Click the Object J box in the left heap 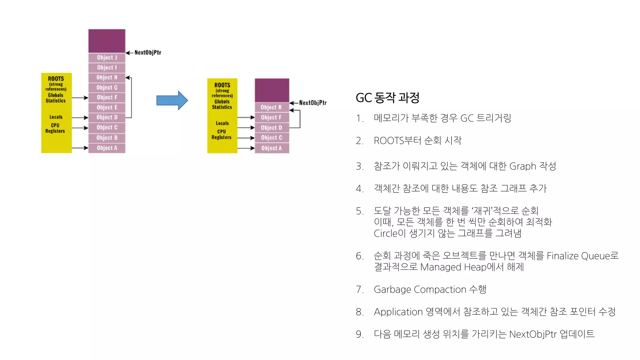pyautogui.click(x=107, y=57)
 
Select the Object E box pyautogui.click(x=107, y=107)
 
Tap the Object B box pyautogui.click(x=107, y=138)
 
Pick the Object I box pyautogui.click(x=107, y=67)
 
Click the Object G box pyautogui.click(x=107, y=87)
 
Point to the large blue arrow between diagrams pyautogui.click(x=172, y=100)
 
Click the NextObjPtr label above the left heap pyautogui.click(x=148, y=52)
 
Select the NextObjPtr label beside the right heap pyautogui.click(x=313, y=103)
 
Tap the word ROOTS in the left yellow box pyautogui.click(x=56, y=79)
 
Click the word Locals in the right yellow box pyautogui.click(x=222, y=123)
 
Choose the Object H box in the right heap pyautogui.click(x=272, y=107)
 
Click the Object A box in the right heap pyautogui.click(x=272, y=148)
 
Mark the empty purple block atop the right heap pyautogui.click(x=272, y=90)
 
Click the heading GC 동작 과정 pyautogui.click(x=387, y=98)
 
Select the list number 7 pyautogui.click(x=359, y=290)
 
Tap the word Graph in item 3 pyautogui.click(x=522, y=166)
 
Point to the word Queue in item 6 pyautogui.click(x=596, y=256)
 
